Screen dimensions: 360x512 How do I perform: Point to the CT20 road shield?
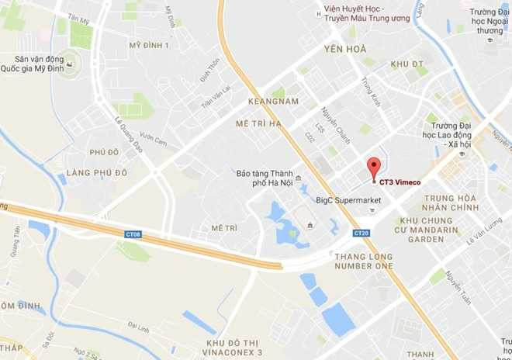[x=361, y=233]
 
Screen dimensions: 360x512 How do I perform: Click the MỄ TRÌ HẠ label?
[x=260, y=123]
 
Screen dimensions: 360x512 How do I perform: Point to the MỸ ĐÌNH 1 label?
[x=149, y=46]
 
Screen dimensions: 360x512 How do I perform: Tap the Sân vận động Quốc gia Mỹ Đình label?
[x=34, y=64]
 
